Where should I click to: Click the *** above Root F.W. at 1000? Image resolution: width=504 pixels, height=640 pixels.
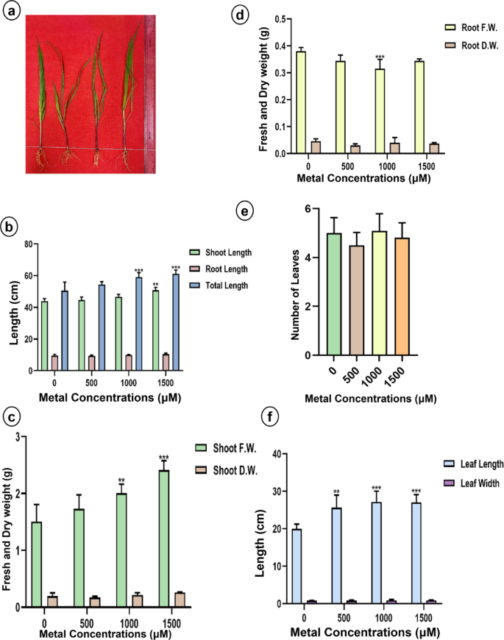(x=380, y=57)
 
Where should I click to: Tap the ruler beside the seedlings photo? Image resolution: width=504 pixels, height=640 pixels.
(x=152, y=92)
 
